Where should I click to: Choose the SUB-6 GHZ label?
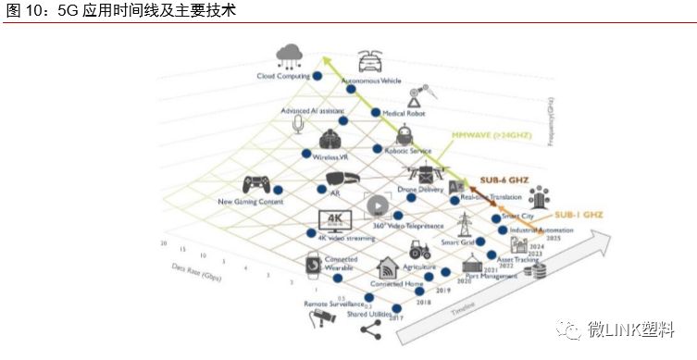click(504, 180)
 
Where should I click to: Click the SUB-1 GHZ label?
click(573, 214)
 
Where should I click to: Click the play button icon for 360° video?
click(378, 206)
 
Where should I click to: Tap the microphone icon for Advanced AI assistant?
click(299, 123)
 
